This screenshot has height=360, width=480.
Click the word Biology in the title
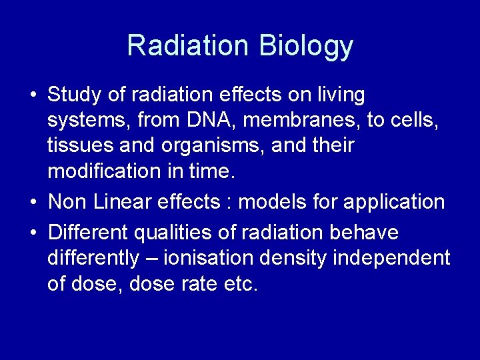tap(306, 46)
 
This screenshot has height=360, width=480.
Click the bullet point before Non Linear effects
tap(33, 202)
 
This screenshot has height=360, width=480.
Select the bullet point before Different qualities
tap(33, 233)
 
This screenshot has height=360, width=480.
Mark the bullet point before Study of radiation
tap(33, 95)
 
